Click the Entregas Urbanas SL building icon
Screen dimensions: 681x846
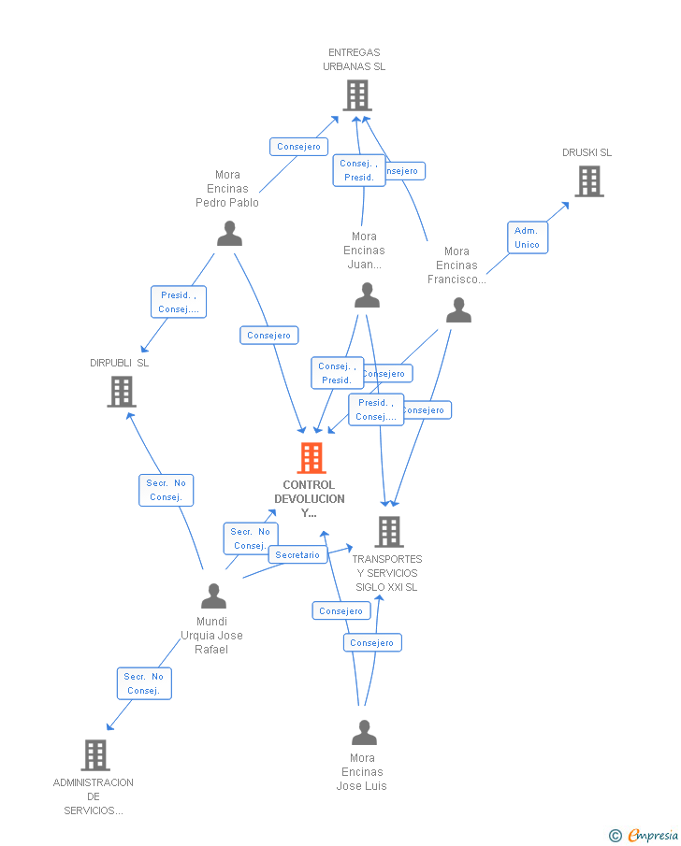pyautogui.click(x=356, y=95)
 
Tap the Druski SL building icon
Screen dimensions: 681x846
pyautogui.click(x=588, y=181)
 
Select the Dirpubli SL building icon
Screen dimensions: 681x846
pyautogui.click(x=122, y=392)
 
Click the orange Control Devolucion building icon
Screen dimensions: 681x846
pyautogui.click(x=312, y=458)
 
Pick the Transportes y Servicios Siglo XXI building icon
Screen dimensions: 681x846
pyautogui.click(x=388, y=532)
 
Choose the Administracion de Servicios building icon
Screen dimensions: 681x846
pyautogui.click(x=94, y=754)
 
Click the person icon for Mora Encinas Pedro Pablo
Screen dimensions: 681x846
pyautogui.click(x=229, y=234)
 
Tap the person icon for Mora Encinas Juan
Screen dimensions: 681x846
pyautogui.click(x=367, y=295)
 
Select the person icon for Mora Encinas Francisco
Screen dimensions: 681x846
pyautogui.click(x=458, y=310)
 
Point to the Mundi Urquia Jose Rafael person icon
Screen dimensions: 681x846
pyautogui.click(x=213, y=595)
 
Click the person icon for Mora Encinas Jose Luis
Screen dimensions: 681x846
pyautogui.click(x=364, y=732)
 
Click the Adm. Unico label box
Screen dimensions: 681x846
pyautogui.click(x=527, y=237)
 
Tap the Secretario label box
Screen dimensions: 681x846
pyautogui.click(x=297, y=555)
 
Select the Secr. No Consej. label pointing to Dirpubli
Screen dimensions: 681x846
pyautogui.click(x=166, y=490)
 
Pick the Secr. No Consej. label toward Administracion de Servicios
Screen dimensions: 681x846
pyautogui.click(x=144, y=683)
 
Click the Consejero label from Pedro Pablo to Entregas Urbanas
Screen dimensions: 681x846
pyautogui.click(x=298, y=147)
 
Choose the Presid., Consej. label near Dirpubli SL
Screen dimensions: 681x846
pyautogui.click(x=178, y=302)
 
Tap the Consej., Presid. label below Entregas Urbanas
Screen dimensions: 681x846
pyautogui.click(x=358, y=170)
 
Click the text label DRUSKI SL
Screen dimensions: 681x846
pyautogui.click(x=587, y=152)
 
